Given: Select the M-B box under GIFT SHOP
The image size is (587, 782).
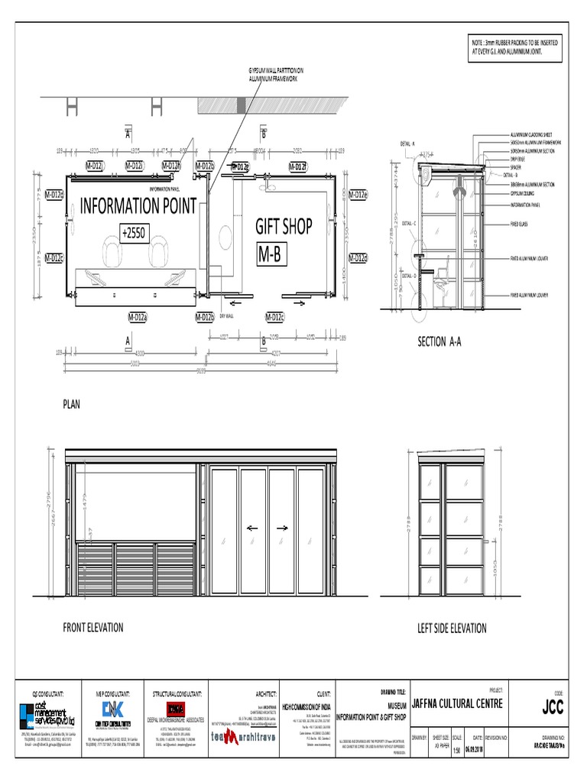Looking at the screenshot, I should coord(271,255).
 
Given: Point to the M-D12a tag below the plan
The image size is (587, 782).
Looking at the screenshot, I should coord(138,316).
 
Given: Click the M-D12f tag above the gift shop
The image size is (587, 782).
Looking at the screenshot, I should coord(297,166).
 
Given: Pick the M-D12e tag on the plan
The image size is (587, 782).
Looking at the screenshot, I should coord(358,195).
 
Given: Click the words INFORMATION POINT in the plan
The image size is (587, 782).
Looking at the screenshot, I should coord(138,205).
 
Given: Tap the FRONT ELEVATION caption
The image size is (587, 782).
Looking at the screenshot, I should coord(92,627).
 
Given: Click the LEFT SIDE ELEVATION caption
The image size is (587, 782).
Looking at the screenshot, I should coord(452,628).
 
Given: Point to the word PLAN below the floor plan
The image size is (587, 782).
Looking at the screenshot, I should coord(71,404).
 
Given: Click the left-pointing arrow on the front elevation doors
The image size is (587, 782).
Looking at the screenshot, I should coord(253,528).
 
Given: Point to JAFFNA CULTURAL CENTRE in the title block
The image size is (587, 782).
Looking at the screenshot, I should coord(457,703).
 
